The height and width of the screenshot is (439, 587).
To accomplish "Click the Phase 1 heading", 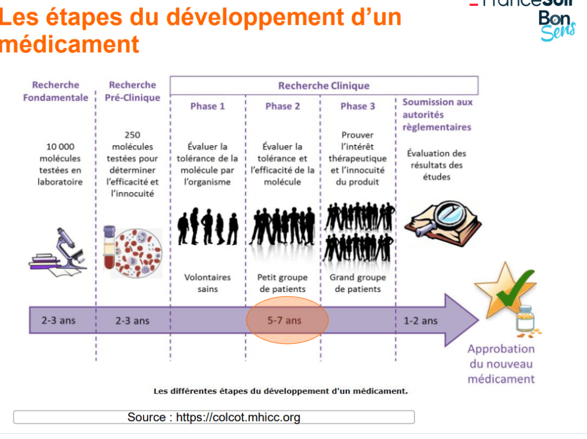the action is coord(207,106).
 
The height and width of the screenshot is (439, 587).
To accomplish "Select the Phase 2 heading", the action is coord(283,106).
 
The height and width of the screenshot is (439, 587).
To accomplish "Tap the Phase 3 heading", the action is coord(357,106).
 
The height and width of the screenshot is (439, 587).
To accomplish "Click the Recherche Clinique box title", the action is coord(324,86).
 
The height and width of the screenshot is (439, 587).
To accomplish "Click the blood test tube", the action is coord(109,247).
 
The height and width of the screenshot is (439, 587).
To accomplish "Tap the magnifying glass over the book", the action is coord(447,217).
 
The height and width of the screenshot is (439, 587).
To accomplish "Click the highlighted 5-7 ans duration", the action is coord(285,320).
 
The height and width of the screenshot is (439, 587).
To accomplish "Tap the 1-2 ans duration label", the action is coord(420,321).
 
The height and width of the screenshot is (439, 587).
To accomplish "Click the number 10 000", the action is coord(60,147).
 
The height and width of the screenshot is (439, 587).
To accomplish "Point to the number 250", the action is coord(133,135).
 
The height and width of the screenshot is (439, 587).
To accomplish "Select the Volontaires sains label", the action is coord(207,283).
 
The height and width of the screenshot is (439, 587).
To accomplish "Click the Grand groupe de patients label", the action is coord(357,283).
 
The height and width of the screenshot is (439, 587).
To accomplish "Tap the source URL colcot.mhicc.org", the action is coord(238,417).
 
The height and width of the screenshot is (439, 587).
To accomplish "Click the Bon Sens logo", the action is coord(557,25).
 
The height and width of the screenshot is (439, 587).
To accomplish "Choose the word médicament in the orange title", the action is coord(70,44).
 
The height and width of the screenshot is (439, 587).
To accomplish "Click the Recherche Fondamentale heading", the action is coord(56,91).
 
